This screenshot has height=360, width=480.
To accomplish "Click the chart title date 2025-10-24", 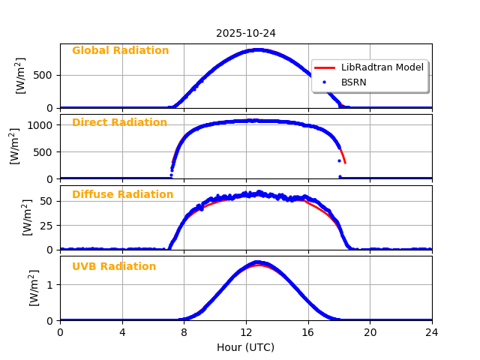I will pos(246,33).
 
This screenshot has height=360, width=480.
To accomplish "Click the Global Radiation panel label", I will pos(120,51).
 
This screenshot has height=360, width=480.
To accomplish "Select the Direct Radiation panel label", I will pos(119,123).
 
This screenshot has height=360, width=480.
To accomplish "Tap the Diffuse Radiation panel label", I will pos(122,195).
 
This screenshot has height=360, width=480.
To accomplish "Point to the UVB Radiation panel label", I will pos(114,267).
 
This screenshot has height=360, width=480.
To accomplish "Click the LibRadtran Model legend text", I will pos(382,67).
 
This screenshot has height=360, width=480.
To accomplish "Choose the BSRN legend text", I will pos(354,82).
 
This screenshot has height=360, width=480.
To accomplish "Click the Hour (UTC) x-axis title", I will pos(246,347).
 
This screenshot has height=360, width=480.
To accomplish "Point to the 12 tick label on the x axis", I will pos(246,332).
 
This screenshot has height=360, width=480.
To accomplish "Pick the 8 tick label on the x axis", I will pos(184,332).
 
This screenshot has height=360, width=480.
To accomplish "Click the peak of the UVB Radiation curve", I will pos(257,262).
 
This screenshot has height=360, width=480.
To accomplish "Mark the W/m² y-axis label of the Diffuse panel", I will pos(27,217).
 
